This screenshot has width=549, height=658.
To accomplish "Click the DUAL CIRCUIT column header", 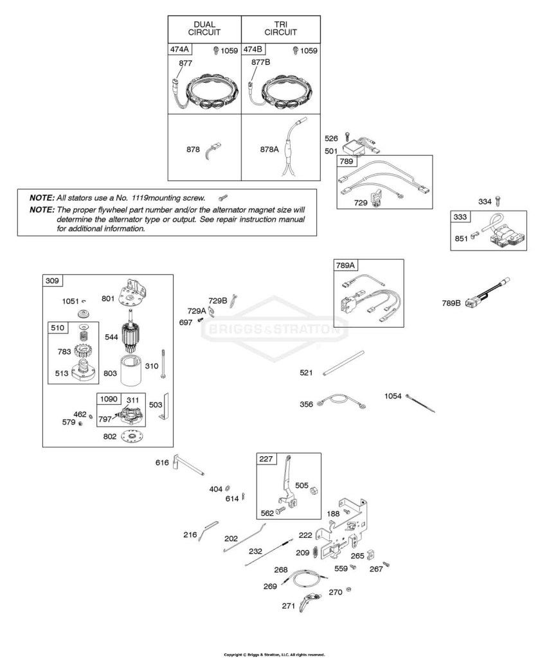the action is coord(204,28).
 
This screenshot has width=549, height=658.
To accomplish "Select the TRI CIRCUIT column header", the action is coord(280,28).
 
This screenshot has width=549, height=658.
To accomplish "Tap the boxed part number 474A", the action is coord(179,49).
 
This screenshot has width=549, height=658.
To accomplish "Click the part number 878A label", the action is coord(269,149).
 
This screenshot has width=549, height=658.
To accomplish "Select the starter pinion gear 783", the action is coord(82,349).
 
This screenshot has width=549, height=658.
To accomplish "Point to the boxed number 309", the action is coord(53,281).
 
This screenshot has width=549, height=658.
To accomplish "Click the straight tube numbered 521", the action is coord(344,363).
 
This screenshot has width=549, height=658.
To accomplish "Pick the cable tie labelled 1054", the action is coord(420,404).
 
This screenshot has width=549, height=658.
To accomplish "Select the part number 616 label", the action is coord(162,463).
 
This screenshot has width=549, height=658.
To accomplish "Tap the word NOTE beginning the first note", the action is coord(42,198).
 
